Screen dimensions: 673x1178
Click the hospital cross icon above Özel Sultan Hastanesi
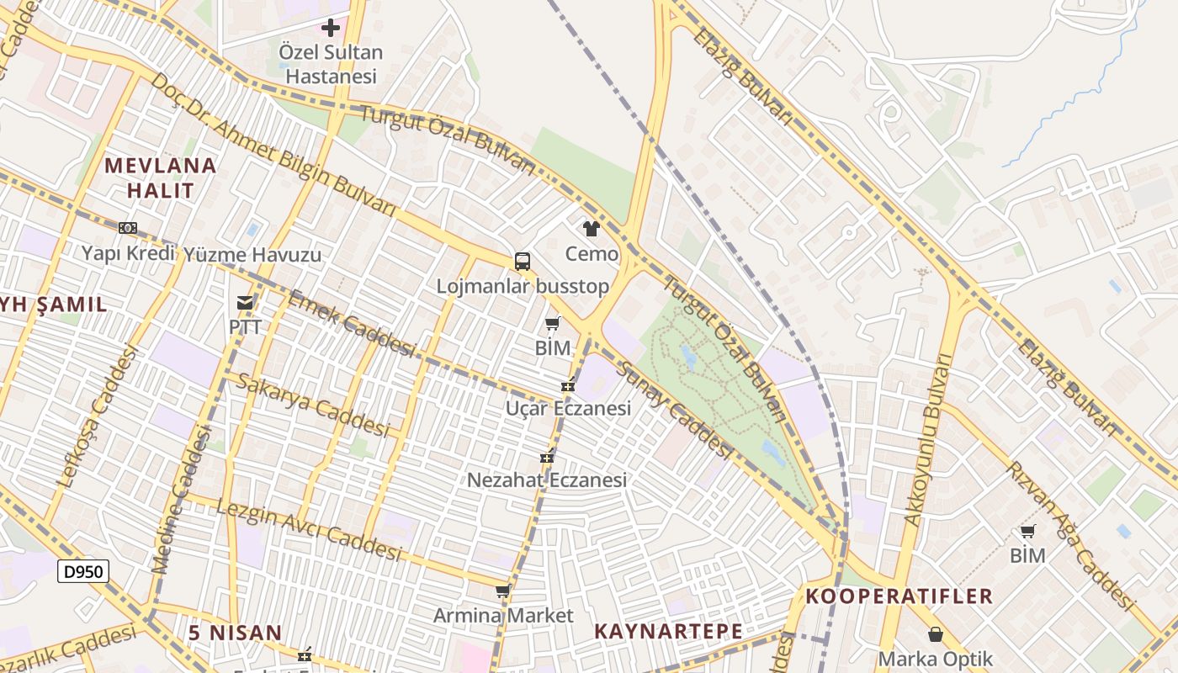point(331,28)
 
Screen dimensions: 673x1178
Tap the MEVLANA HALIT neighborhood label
point(161,178)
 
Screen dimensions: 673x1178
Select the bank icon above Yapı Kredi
point(128,227)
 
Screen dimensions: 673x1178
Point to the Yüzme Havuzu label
point(252,254)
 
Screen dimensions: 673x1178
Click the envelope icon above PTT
point(245,302)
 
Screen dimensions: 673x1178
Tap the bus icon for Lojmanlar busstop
point(523,262)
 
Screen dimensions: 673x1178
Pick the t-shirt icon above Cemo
point(591,229)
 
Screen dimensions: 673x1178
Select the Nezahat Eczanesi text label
point(547,480)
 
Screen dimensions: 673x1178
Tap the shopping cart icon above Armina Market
point(503,591)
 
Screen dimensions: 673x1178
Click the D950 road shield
point(83,572)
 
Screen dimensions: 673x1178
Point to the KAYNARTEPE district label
point(668,631)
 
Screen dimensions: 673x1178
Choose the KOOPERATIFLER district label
point(899,596)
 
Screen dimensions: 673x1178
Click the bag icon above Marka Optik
point(935,634)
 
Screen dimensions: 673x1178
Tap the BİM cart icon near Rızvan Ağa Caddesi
point(1027,531)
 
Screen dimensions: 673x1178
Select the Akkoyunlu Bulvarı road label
point(927,441)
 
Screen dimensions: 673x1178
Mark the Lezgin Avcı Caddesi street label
point(309,530)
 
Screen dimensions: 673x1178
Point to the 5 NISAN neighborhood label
point(235,633)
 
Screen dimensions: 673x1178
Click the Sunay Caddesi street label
point(674,412)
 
